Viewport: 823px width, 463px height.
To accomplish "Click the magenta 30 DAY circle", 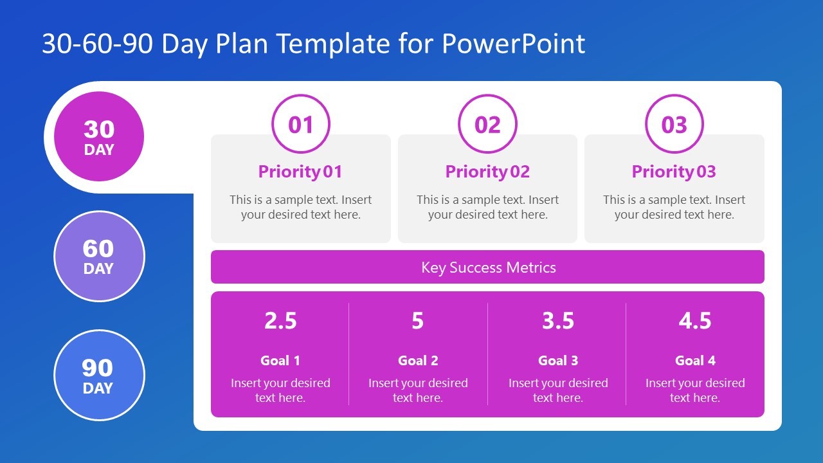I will (99, 136).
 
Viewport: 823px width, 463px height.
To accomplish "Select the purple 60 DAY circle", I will (99, 256).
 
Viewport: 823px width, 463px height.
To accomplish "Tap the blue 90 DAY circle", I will (99, 375).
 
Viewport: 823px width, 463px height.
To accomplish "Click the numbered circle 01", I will (300, 124).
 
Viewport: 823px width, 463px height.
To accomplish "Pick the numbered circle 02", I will (487, 124).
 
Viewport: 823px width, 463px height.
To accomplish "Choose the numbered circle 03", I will (674, 124).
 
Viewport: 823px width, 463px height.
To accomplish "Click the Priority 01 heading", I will (300, 172).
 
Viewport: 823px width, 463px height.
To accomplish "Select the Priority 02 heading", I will (487, 172).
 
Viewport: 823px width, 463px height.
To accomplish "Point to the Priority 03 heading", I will (674, 172).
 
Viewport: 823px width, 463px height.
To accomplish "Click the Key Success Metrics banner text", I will (488, 268).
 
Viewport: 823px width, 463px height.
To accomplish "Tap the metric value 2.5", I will (280, 321).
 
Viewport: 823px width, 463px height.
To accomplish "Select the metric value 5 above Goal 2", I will (418, 321).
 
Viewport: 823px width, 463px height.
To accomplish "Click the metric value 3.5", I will (557, 321).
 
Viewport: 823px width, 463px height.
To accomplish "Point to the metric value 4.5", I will (695, 321).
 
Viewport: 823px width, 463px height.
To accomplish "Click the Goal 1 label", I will (280, 361).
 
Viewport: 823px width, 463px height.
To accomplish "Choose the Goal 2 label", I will (418, 361).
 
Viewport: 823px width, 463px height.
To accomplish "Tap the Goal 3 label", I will (557, 361).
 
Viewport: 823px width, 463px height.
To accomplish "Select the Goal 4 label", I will (695, 361).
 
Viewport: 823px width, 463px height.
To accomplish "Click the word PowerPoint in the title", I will (513, 44).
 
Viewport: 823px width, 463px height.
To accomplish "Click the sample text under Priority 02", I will (487, 207).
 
